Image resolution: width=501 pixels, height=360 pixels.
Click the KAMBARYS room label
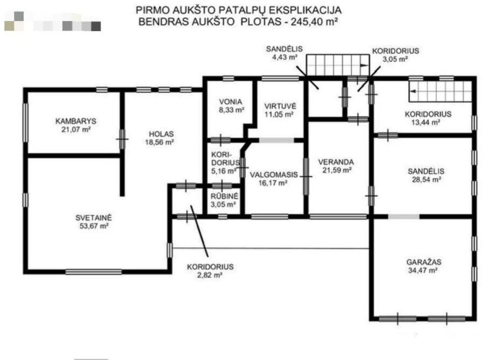[76, 121]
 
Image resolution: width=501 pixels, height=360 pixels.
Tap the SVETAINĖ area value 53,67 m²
[94, 226]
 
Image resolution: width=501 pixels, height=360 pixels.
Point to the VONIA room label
[230, 102]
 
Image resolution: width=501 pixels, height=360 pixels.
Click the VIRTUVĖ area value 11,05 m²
[279, 114]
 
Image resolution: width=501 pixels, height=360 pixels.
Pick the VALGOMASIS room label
[274, 175]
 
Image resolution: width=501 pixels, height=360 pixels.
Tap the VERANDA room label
[336, 162]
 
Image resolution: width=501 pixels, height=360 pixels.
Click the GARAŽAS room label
[424, 262]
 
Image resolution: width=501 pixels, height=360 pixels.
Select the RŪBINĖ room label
[224, 196]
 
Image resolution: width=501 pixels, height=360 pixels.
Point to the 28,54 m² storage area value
[426, 179]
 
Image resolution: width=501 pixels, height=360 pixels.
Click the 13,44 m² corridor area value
[426, 122]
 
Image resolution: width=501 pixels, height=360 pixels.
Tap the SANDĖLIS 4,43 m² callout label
[284, 53]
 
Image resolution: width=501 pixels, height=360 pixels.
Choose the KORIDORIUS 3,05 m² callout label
[395, 54]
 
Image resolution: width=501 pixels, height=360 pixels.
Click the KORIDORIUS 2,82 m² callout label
[210, 271]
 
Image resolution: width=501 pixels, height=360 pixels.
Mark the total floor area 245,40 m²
[314, 21]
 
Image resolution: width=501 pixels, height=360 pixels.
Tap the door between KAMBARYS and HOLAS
[122, 139]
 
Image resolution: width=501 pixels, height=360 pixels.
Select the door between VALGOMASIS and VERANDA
[306, 176]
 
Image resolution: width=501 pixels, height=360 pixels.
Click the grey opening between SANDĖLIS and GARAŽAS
[404, 217]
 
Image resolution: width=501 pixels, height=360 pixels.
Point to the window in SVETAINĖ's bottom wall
[94, 272]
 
